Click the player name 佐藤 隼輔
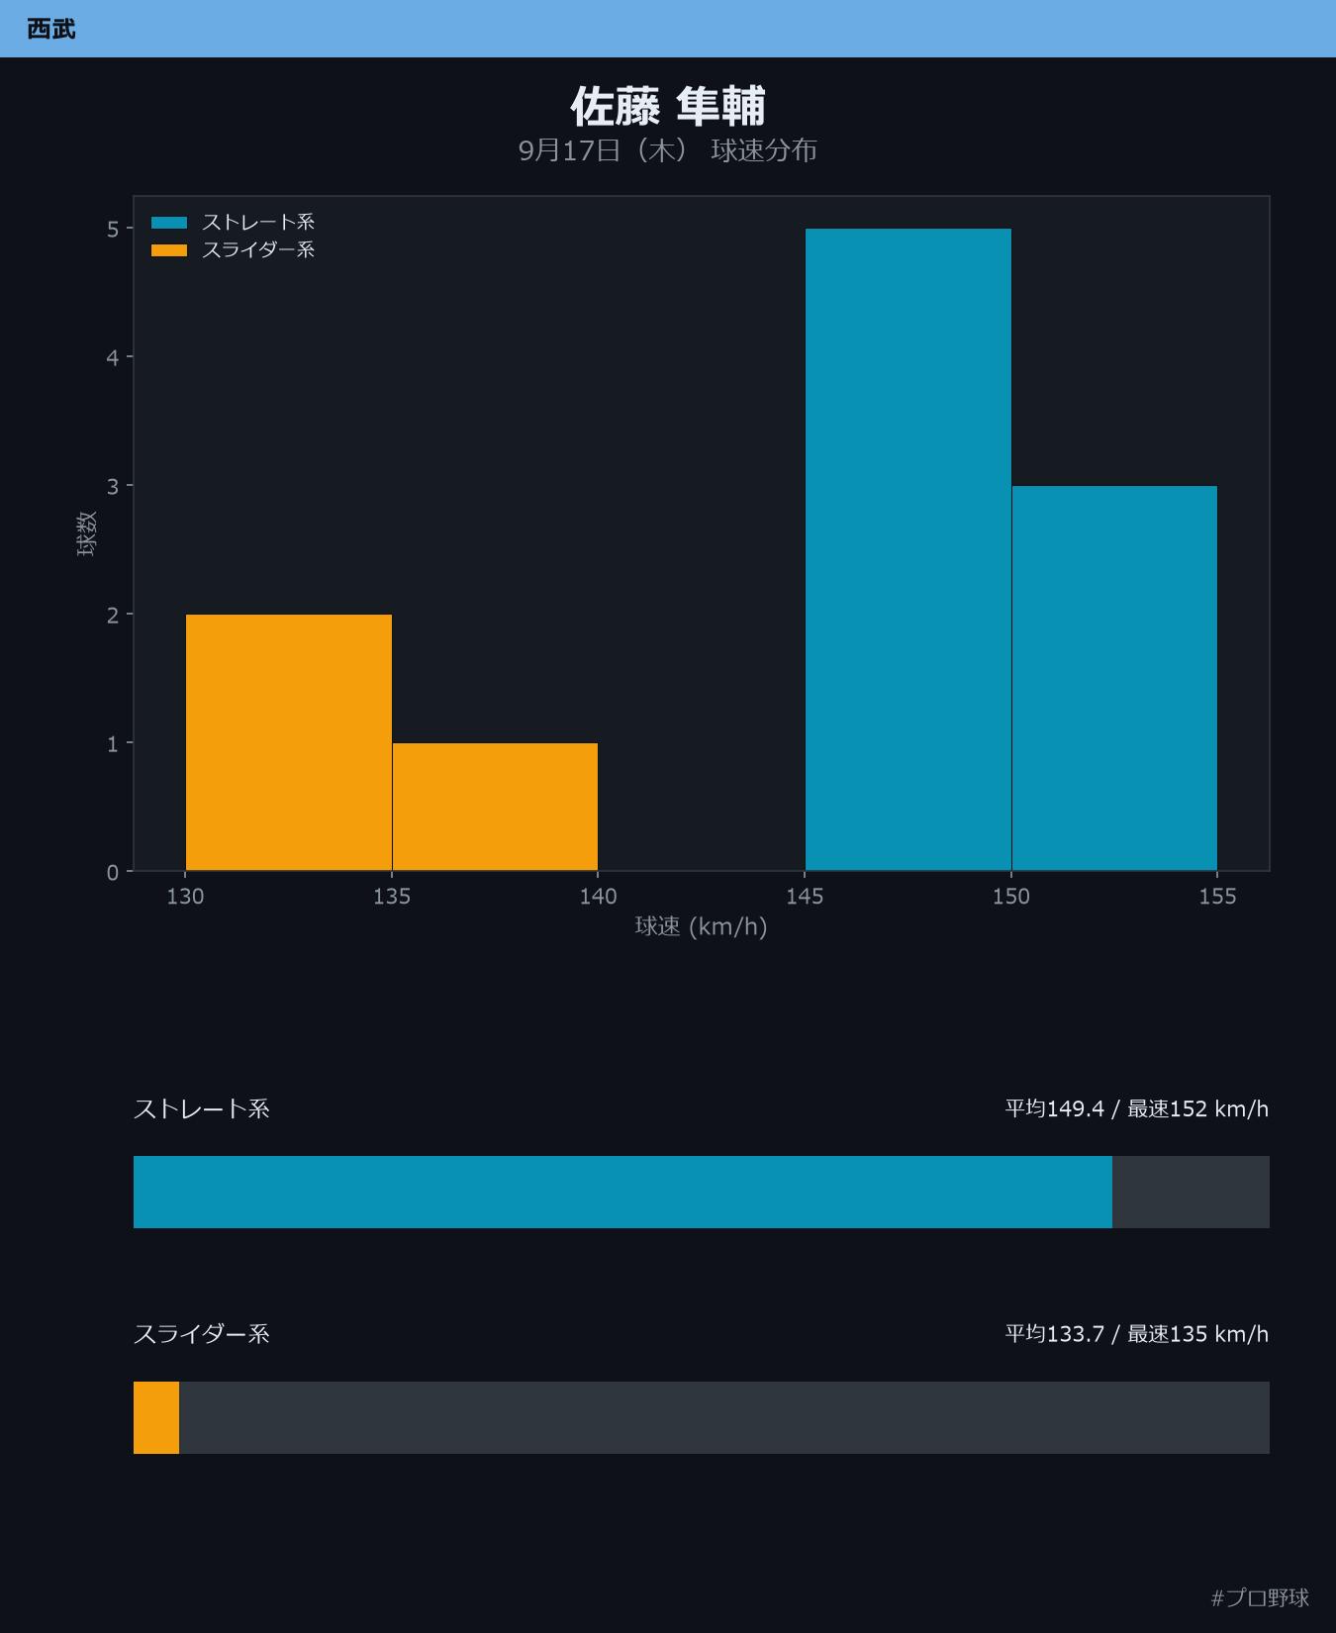(668, 106)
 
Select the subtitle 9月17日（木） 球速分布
(668, 150)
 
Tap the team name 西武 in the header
(51, 29)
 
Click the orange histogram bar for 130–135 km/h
(289, 742)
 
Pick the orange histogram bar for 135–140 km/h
(495, 807)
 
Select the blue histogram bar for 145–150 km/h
(908, 549)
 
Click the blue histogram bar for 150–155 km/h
(1114, 678)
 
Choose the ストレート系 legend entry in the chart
(234, 222)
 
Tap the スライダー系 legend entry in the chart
(234, 249)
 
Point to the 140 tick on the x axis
(598, 896)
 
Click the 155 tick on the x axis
(1217, 896)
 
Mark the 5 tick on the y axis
(113, 229)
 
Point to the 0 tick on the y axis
(113, 872)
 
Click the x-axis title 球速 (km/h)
(701, 926)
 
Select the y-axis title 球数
(87, 533)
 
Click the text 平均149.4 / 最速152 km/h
(1136, 1108)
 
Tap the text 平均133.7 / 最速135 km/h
(1136, 1334)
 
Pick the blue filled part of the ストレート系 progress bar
(622, 1192)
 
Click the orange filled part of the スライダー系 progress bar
(156, 1417)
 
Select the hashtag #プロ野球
(1260, 1597)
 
